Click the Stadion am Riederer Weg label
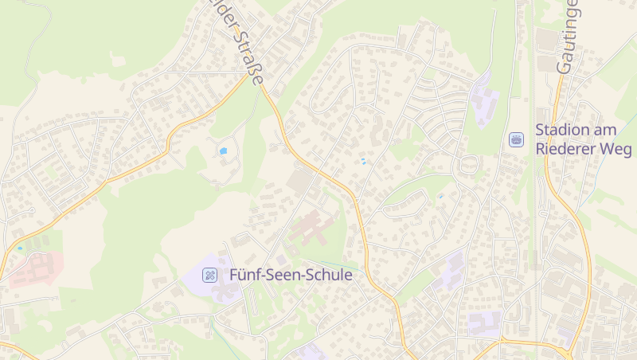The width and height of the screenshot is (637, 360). [583, 139]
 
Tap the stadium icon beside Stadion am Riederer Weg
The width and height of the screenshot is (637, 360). [517, 139]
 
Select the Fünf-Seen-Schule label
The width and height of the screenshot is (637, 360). [291, 275]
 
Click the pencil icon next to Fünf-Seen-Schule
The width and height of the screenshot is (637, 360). [210, 276]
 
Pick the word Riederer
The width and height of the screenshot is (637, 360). [568, 149]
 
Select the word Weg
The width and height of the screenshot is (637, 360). [618, 149]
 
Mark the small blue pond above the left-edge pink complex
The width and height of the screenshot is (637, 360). [20, 248]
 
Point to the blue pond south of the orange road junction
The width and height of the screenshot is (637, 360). [223, 150]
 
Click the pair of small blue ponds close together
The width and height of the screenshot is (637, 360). [364, 162]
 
